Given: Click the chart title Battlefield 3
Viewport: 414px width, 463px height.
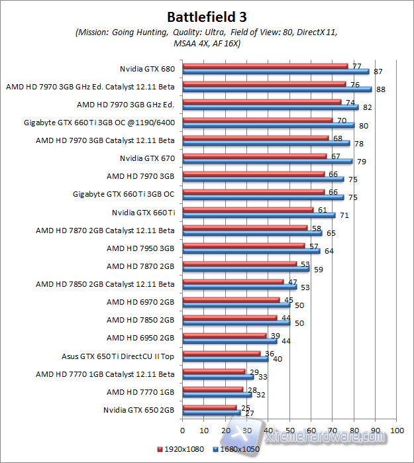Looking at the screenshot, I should click(x=207, y=16).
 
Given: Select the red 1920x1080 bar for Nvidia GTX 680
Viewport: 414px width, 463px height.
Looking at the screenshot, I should click(x=265, y=66).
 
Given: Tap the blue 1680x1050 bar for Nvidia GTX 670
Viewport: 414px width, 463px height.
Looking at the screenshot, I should click(x=267, y=161).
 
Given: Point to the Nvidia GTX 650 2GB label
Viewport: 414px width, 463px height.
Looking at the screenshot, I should click(x=138, y=410).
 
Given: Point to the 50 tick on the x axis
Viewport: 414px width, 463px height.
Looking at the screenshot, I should click(x=289, y=431).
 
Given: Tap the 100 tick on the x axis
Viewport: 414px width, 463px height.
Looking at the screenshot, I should click(x=397, y=431).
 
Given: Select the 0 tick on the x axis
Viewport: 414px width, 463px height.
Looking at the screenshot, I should click(x=182, y=431).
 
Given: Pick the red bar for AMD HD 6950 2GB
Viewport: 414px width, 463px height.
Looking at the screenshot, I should click(x=224, y=335).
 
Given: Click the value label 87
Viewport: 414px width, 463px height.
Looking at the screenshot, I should click(x=378, y=72).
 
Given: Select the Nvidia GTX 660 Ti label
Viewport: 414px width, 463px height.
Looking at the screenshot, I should click(x=143, y=213).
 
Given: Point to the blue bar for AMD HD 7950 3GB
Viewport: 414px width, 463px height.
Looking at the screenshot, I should click(x=251, y=250).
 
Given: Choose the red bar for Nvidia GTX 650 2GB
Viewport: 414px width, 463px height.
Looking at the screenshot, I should click(x=209, y=407).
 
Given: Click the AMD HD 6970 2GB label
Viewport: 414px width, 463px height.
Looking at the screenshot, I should click(x=140, y=302).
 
